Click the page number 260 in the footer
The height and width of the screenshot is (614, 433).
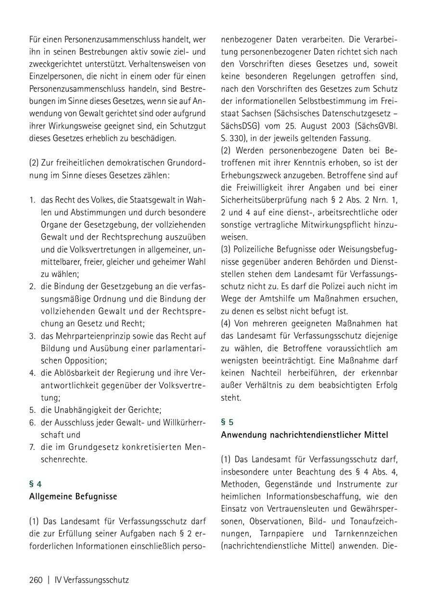point(36,580)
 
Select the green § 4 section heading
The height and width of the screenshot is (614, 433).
point(36,484)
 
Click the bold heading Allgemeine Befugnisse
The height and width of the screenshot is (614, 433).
point(73,496)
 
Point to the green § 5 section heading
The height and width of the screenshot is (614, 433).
point(227,422)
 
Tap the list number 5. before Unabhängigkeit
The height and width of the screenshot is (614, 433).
point(32,410)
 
